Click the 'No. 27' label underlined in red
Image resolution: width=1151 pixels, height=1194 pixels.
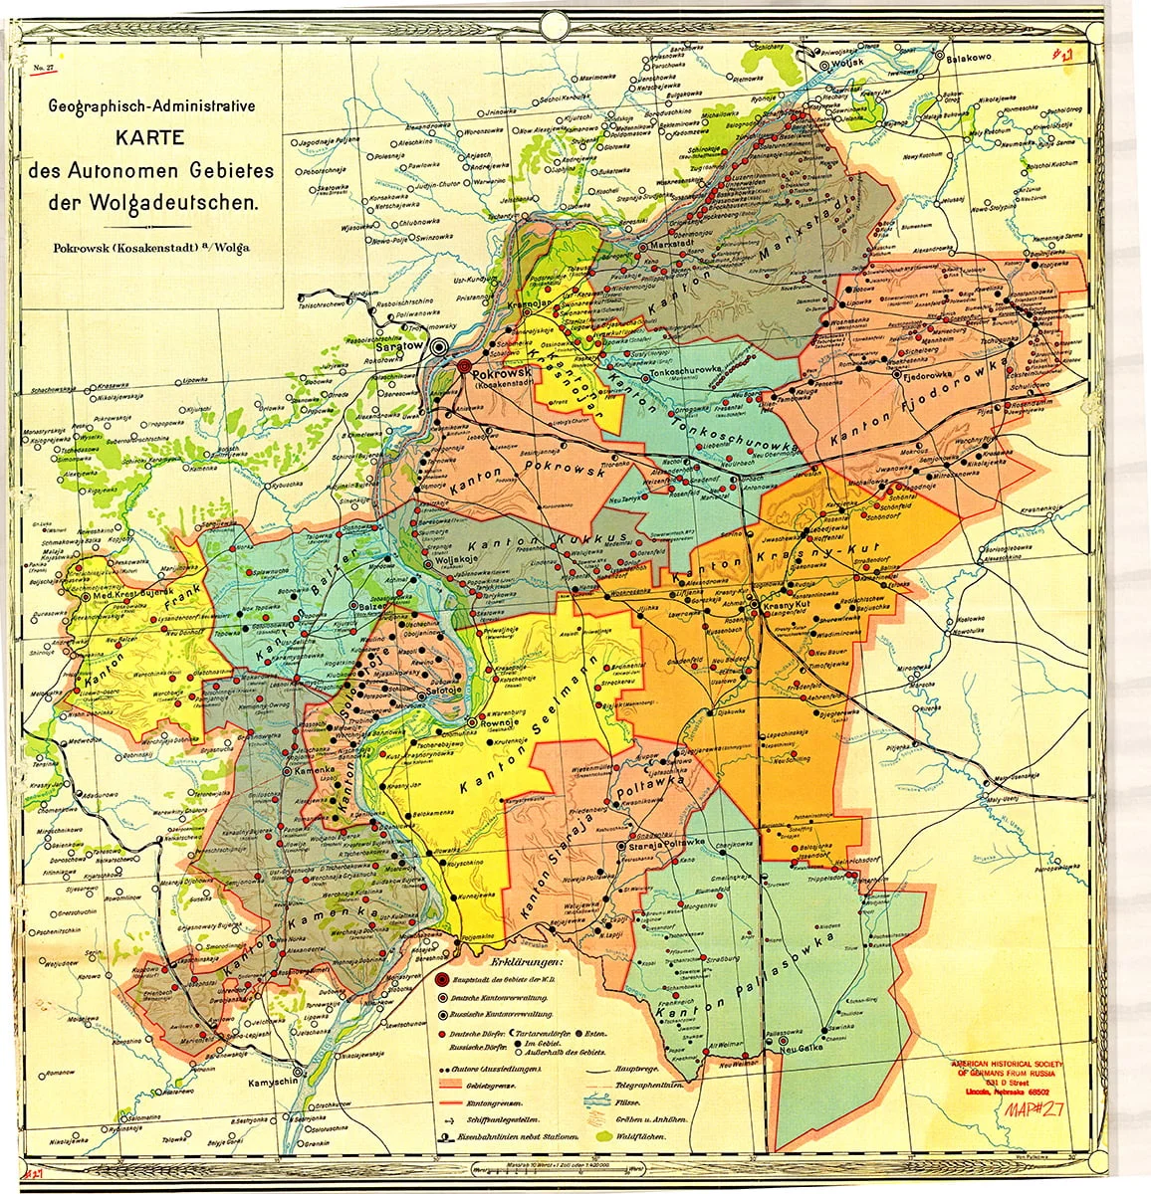[x=44, y=68]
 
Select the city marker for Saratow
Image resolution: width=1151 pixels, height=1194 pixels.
[x=439, y=346]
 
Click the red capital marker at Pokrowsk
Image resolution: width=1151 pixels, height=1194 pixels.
[x=463, y=366]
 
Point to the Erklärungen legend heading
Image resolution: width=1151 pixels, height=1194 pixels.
[x=526, y=963]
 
